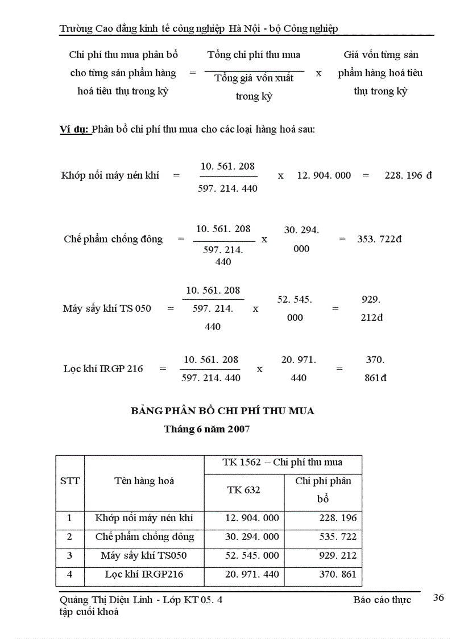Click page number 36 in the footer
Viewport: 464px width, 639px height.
(438, 597)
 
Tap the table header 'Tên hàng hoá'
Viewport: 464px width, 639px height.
(144, 481)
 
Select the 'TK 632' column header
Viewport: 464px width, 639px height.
(244, 490)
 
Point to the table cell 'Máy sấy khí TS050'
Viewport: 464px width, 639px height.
(144, 555)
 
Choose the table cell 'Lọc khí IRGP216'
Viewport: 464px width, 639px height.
(144, 574)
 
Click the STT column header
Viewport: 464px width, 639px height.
(70, 481)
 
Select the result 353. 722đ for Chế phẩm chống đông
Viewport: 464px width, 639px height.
(379, 239)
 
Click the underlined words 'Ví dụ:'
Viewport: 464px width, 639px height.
(74, 129)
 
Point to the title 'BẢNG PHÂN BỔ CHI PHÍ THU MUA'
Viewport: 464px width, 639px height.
(222, 411)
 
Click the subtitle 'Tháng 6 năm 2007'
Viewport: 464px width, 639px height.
(207, 430)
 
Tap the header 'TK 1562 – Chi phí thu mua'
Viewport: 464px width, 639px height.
(283, 463)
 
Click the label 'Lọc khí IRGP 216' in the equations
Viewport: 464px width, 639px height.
(103, 369)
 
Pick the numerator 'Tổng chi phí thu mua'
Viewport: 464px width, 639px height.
(254, 55)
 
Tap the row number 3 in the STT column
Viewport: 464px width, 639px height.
(69, 555)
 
